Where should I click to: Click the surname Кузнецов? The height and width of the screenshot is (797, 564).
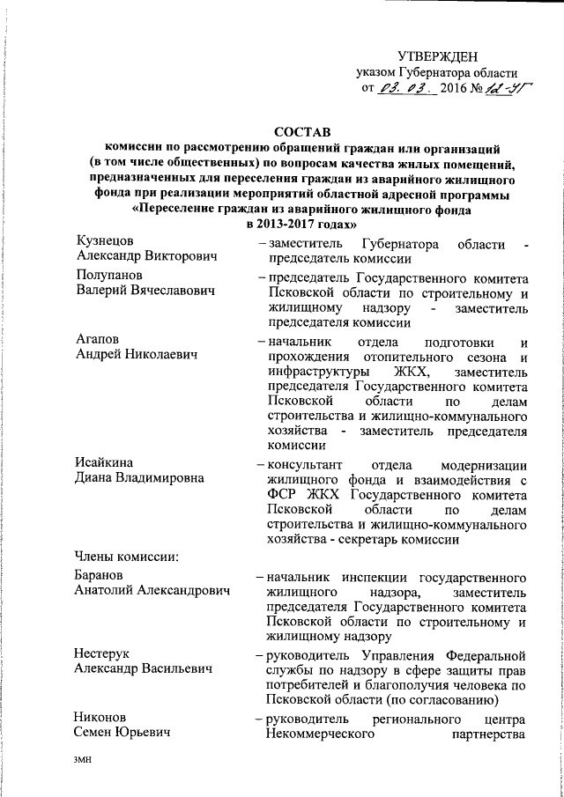(104, 241)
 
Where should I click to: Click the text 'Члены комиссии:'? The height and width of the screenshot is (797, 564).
(128, 554)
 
